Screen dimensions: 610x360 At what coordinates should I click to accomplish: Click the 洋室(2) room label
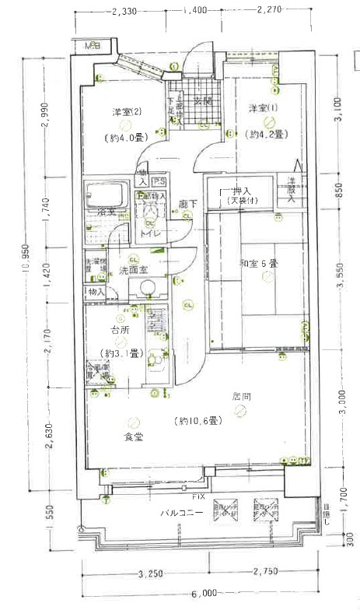tap(125, 111)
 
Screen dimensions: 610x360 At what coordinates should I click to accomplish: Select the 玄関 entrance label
tap(203, 101)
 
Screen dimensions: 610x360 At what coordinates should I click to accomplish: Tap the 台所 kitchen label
tap(119, 330)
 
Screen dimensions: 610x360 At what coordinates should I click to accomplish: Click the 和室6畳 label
tap(259, 264)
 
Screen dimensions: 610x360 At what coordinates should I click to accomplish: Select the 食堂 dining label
tap(133, 436)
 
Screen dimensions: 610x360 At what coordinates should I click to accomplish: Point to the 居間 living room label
tap(241, 396)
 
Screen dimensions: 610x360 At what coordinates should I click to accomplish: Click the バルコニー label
tap(182, 514)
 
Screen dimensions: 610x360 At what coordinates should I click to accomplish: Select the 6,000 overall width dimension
tap(205, 592)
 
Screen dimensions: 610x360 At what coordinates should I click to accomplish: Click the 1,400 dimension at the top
tap(196, 10)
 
